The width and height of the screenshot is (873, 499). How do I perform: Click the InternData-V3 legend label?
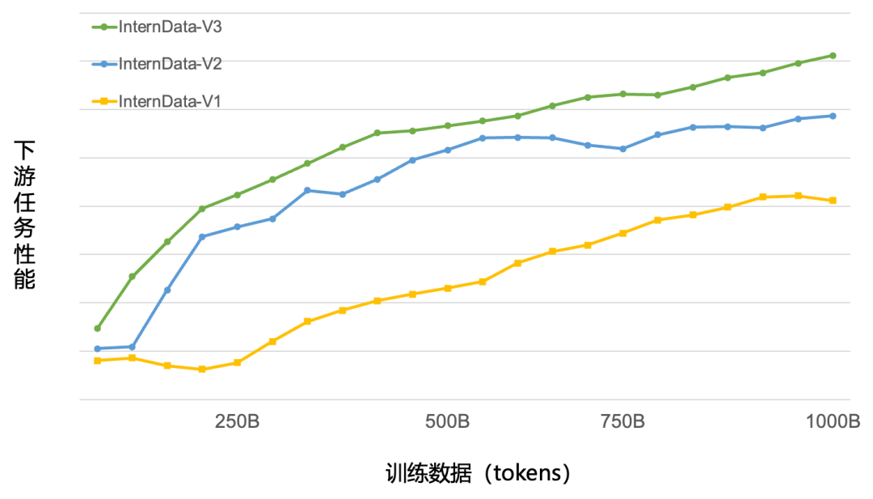170,27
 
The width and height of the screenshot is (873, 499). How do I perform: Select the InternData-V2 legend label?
170,64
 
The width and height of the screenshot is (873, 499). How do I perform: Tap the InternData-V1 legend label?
170,101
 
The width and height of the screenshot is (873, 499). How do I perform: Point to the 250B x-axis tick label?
237,422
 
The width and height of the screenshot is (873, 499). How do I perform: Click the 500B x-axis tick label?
447,422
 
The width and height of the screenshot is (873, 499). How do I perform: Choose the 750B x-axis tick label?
622,422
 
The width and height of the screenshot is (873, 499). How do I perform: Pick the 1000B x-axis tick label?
832,422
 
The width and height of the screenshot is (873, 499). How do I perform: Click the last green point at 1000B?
833,56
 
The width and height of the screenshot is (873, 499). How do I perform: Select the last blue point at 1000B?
833,116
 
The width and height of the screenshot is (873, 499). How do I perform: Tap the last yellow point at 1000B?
833,201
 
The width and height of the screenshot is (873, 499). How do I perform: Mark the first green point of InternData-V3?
97,328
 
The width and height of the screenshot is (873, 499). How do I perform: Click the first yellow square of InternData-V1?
97,361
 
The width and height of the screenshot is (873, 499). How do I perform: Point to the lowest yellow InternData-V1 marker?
202,369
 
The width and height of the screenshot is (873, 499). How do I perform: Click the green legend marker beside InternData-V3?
103,27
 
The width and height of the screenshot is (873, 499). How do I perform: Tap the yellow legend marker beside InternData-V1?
103,101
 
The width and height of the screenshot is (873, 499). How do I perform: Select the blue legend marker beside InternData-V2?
103,64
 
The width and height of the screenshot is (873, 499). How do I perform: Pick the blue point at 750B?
622,149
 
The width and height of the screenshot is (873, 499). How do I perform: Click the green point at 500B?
447,125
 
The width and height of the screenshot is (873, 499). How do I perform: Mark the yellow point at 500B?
447,288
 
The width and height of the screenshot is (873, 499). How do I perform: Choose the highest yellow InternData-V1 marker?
798,196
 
